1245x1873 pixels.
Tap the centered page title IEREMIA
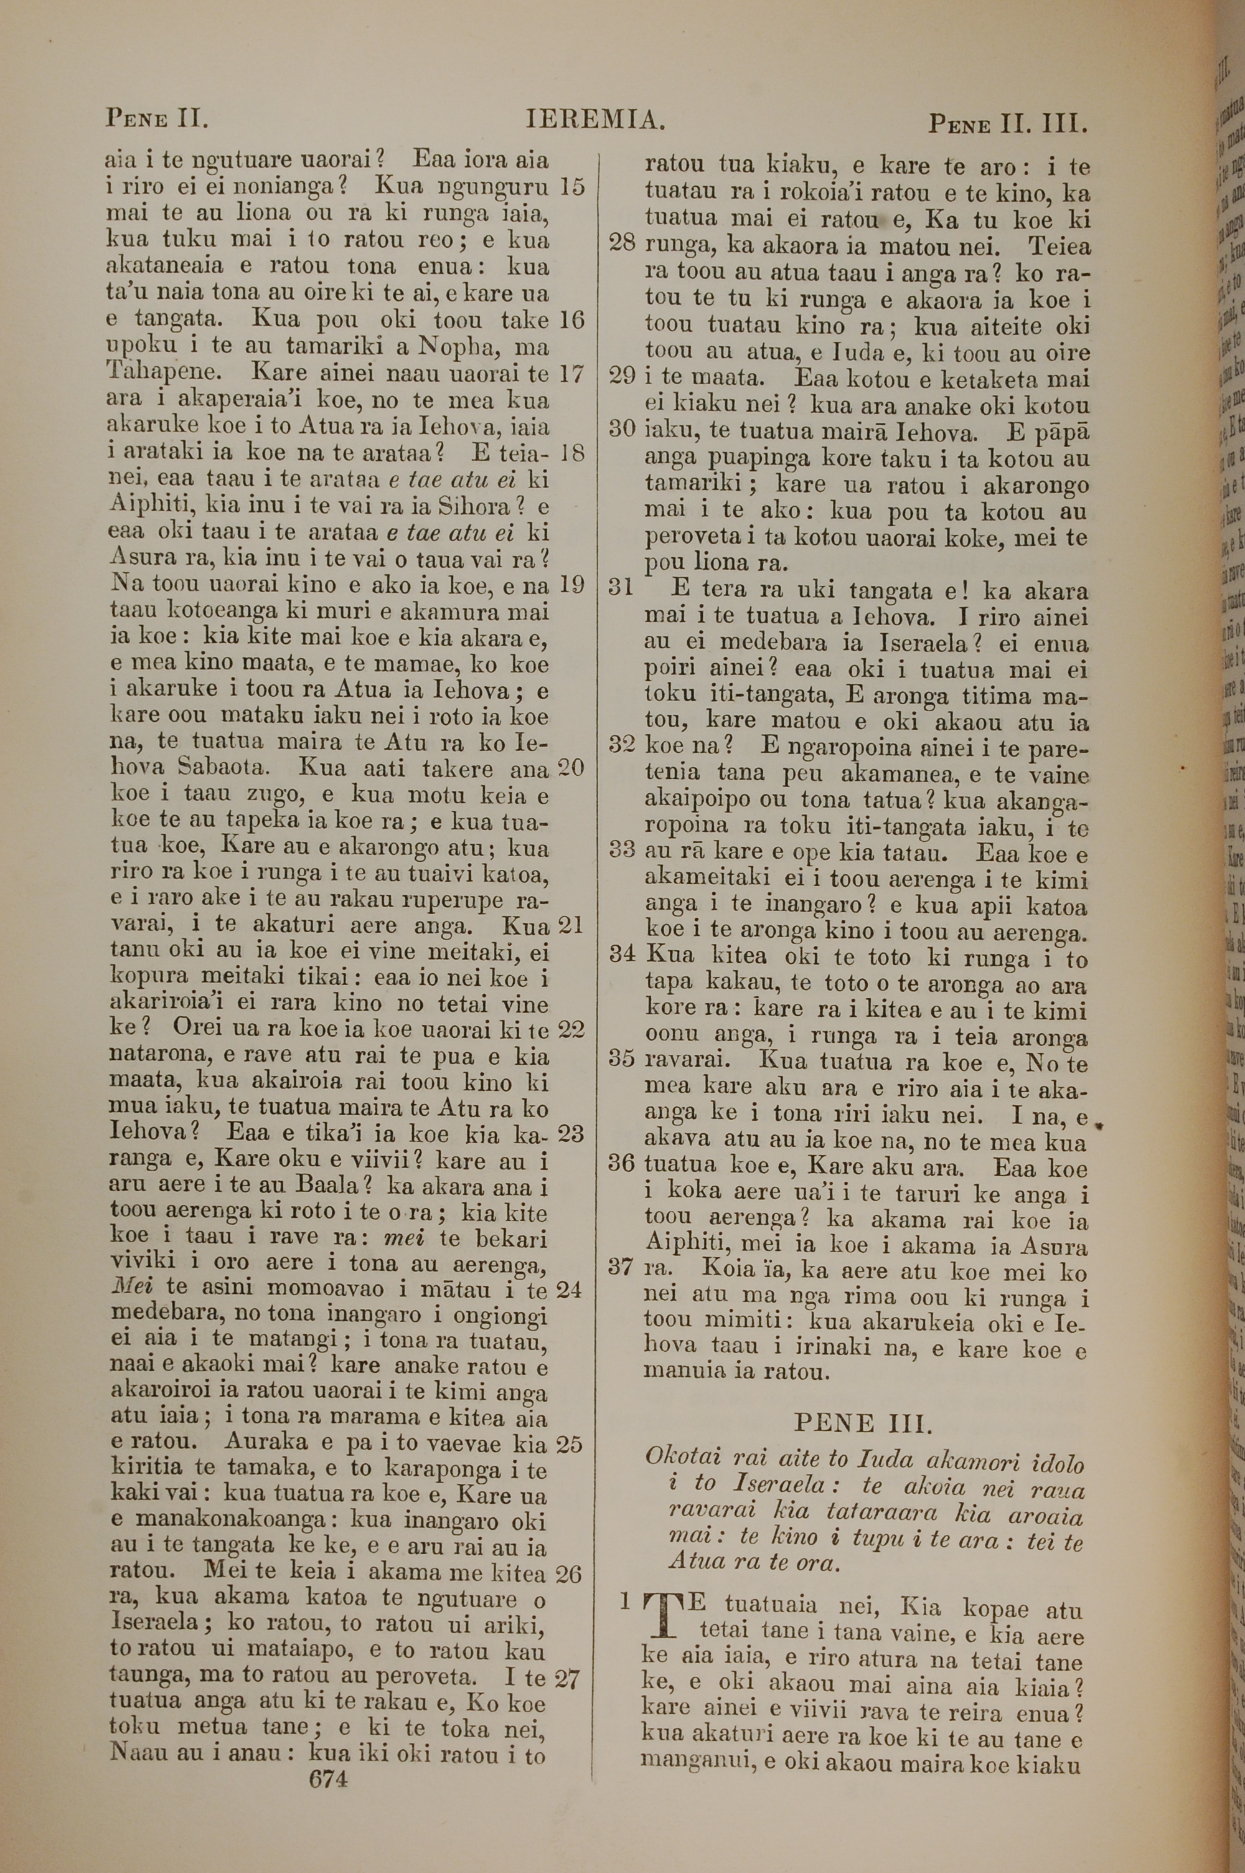pos(594,120)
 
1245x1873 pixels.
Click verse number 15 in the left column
pos(571,187)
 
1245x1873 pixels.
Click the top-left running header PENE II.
pos(157,121)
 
